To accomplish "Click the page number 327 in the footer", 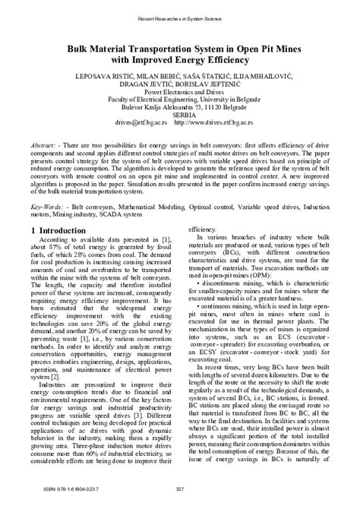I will point(180,488).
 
